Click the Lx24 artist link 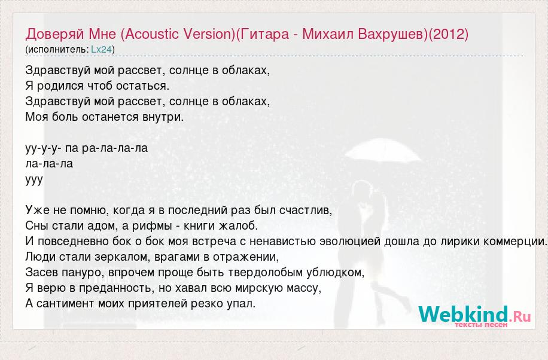click(x=101, y=49)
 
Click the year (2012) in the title click(x=448, y=34)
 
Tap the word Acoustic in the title click(x=153, y=34)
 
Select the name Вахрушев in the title click(x=393, y=34)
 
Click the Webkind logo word click(x=463, y=313)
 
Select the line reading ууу click(x=34, y=179)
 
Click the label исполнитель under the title click(x=57, y=49)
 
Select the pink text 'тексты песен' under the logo click(x=481, y=325)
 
